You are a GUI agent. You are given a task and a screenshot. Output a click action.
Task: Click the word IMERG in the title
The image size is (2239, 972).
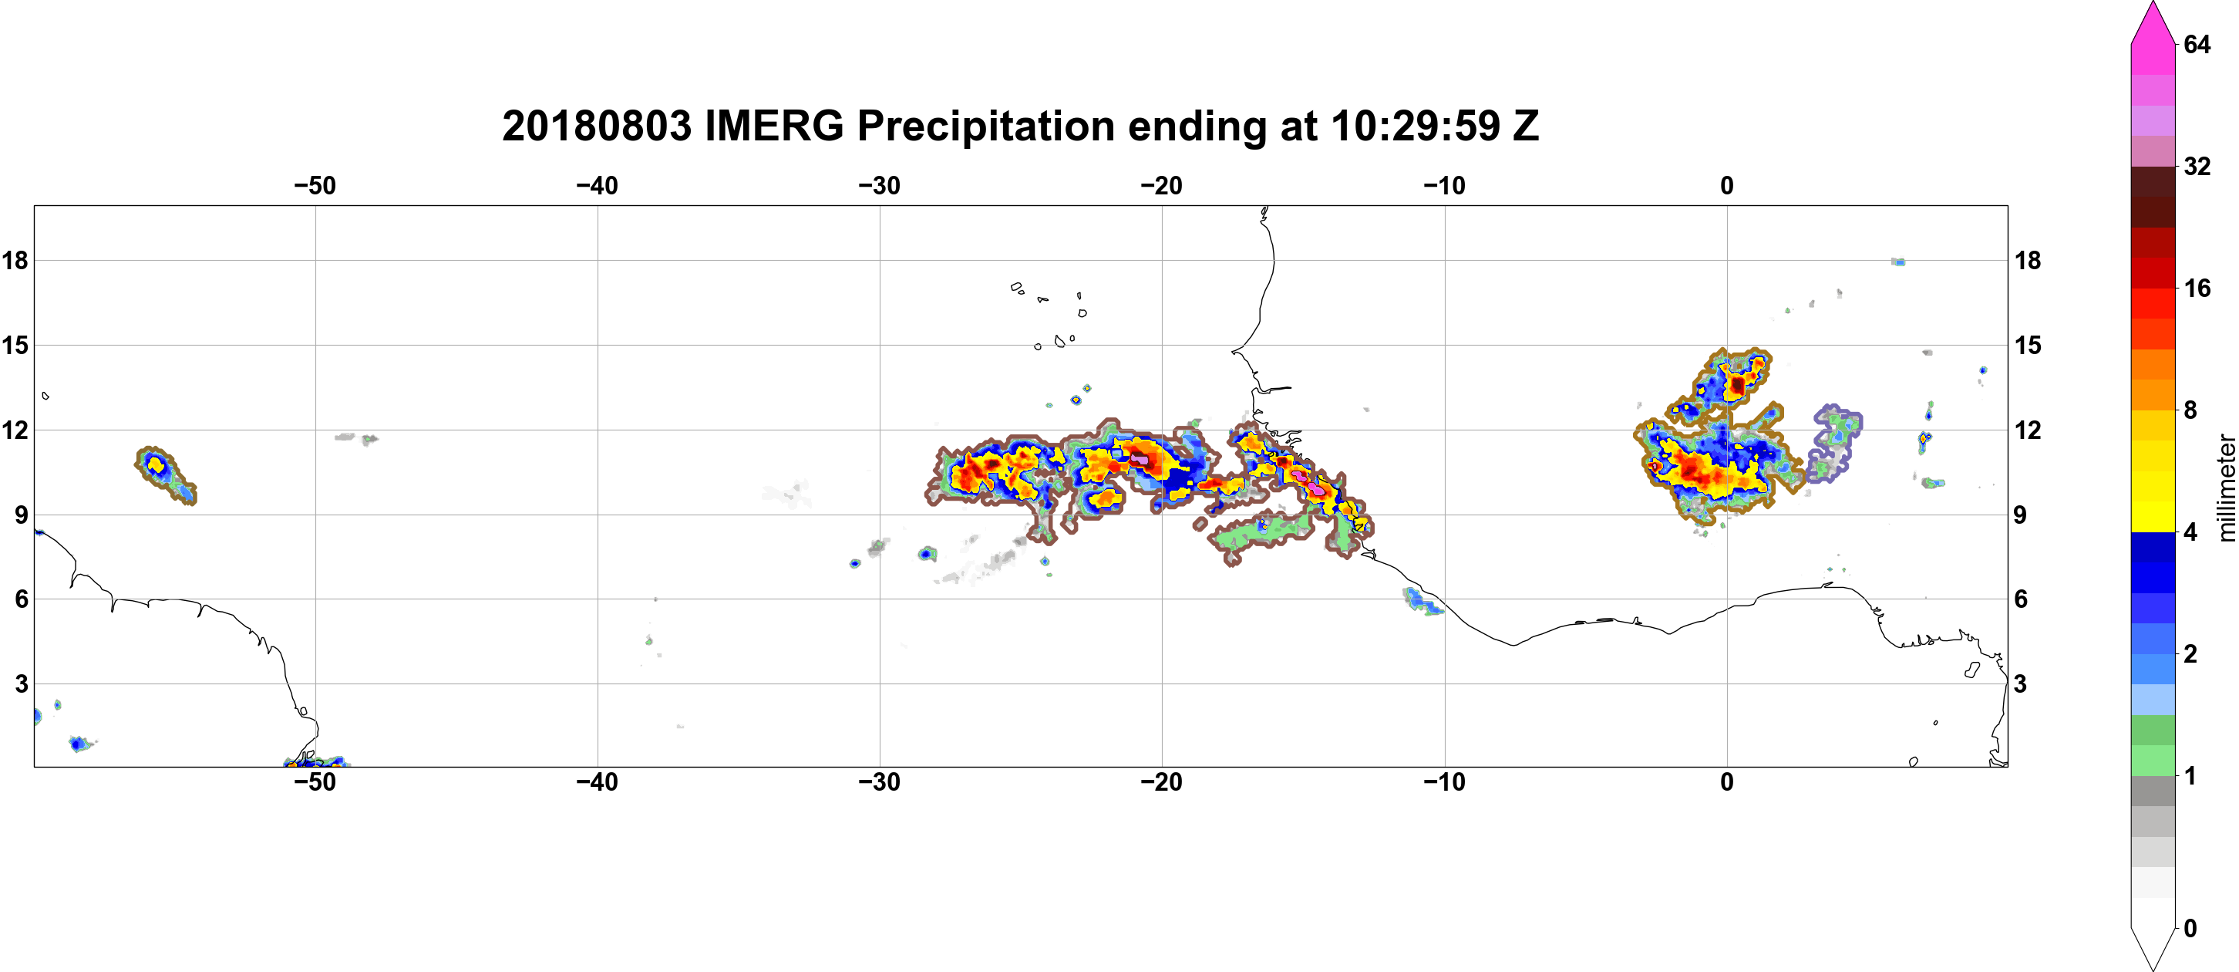pyautogui.click(x=773, y=126)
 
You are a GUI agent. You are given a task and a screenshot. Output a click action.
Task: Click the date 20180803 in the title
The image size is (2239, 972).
pyautogui.click(x=596, y=126)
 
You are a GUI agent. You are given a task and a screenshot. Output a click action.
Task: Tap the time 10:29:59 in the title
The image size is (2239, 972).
pyautogui.click(x=1415, y=126)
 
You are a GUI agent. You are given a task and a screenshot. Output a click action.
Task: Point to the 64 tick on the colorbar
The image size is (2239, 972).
pyautogui.click(x=2197, y=44)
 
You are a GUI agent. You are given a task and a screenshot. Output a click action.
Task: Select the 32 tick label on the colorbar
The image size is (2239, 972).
pyautogui.click(x=2197, y=166)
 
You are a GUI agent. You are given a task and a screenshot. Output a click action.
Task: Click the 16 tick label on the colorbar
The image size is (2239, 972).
pyautogui.click(x=2197, y=288)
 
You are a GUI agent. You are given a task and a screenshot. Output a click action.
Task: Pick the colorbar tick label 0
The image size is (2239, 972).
pyautogui.click(x=2190, y=929)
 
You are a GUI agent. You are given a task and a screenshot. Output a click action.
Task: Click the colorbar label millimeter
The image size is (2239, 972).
pyautogui.click(x=2226, y=488)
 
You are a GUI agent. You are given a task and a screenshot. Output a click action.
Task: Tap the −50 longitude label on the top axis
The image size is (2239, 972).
pyautogui.click(x=315, y=186)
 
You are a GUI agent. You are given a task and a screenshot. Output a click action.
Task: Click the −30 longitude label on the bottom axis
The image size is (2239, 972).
pyautogui.click(x=880, y=782)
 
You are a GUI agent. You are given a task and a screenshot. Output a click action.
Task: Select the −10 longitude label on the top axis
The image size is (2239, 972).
pyautogui.click(x=1445, y=186)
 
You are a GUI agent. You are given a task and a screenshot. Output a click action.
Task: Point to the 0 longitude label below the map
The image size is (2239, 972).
pyautogui.click(x=1727, y=782)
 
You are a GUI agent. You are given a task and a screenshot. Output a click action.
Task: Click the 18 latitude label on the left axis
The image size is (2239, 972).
pyautogui.click(x=15, y=260)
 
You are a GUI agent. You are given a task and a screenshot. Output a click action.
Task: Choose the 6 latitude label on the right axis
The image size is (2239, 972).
pyautogui.click(x=2021, y=599)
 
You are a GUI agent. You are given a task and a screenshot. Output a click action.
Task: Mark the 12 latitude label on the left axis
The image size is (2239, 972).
pyautogui.click(x=15, y=430)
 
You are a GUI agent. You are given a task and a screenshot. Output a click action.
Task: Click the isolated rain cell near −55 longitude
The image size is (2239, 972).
pyautogui.click(x=165, y=474)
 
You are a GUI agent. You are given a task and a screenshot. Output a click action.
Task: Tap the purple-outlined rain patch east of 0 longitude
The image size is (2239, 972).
pyautogui.click(x=1833, y=444)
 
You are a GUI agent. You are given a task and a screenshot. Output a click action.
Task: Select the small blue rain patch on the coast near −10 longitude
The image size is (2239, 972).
pyautogui.click(x=1422, y=601)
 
